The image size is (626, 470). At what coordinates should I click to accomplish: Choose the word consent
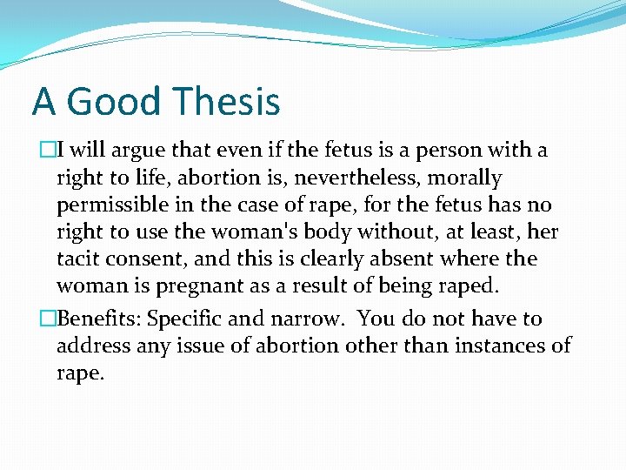[x=146, y=259]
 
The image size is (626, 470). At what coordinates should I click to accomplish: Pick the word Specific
[x=185, y=319]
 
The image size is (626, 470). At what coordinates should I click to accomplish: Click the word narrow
[x=306, y=319]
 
